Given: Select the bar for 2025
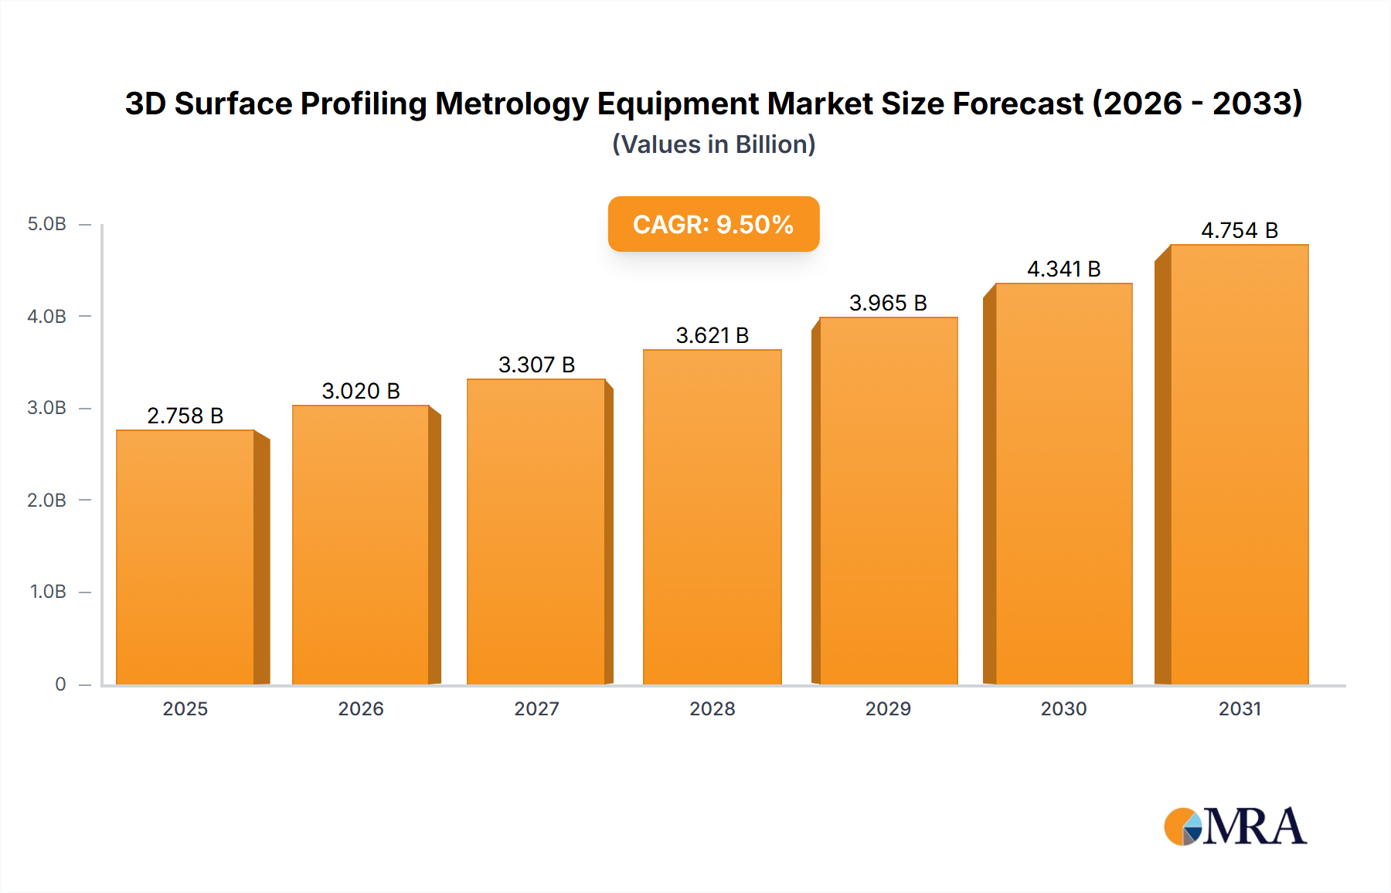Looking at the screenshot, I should (185, 556).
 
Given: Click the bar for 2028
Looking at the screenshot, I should (712, 518).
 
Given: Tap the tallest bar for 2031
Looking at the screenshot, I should (1239, 463).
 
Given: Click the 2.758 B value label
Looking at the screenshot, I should (185, 416).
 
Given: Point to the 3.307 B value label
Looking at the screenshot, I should (536, 365).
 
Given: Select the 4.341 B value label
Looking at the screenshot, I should (1063, 269).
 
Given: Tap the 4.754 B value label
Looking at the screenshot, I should (1239, 230).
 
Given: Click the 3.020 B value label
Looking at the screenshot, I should (361, 391).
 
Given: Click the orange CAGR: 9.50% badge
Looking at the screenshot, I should (713, 224).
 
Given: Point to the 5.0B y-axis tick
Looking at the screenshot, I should (46, 224).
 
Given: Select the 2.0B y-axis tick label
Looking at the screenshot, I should (46, 500).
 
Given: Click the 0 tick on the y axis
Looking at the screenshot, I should (60, 684).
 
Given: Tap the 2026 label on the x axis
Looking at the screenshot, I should (361, 708).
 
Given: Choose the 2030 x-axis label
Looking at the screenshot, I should (1063, 708).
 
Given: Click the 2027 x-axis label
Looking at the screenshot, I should (536, 708).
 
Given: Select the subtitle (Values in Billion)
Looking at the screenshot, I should (713, 144).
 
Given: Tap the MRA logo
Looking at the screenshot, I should (1235, 827).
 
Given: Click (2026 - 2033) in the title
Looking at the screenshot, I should (1197, 104).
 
